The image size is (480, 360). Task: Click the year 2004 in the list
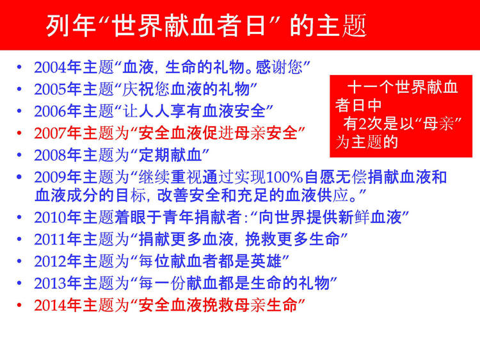point(50,67)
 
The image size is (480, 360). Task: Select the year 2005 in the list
point(50,90)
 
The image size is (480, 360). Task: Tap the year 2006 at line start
point(50,111)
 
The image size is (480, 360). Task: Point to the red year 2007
point(50,133)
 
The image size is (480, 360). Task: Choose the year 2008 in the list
point(50,155)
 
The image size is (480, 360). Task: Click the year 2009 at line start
point(50,177)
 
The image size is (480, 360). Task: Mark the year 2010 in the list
point(50,218)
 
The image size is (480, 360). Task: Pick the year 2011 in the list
point(50,240)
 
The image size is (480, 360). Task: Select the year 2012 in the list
point(50,261)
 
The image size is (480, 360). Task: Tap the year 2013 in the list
point(50,283)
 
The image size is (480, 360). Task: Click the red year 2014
point(50,306)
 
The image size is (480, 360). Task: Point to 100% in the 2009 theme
point(285,177)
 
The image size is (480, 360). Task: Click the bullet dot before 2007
point(19,133)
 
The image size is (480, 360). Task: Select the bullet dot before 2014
point(19,305)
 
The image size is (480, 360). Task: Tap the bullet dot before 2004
point(19,67)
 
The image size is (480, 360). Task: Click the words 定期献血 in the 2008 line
point(170,155)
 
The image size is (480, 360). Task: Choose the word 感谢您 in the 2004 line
point(279,67)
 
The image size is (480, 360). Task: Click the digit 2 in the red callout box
point(363,124)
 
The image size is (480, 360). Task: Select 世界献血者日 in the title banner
point(189,26)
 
